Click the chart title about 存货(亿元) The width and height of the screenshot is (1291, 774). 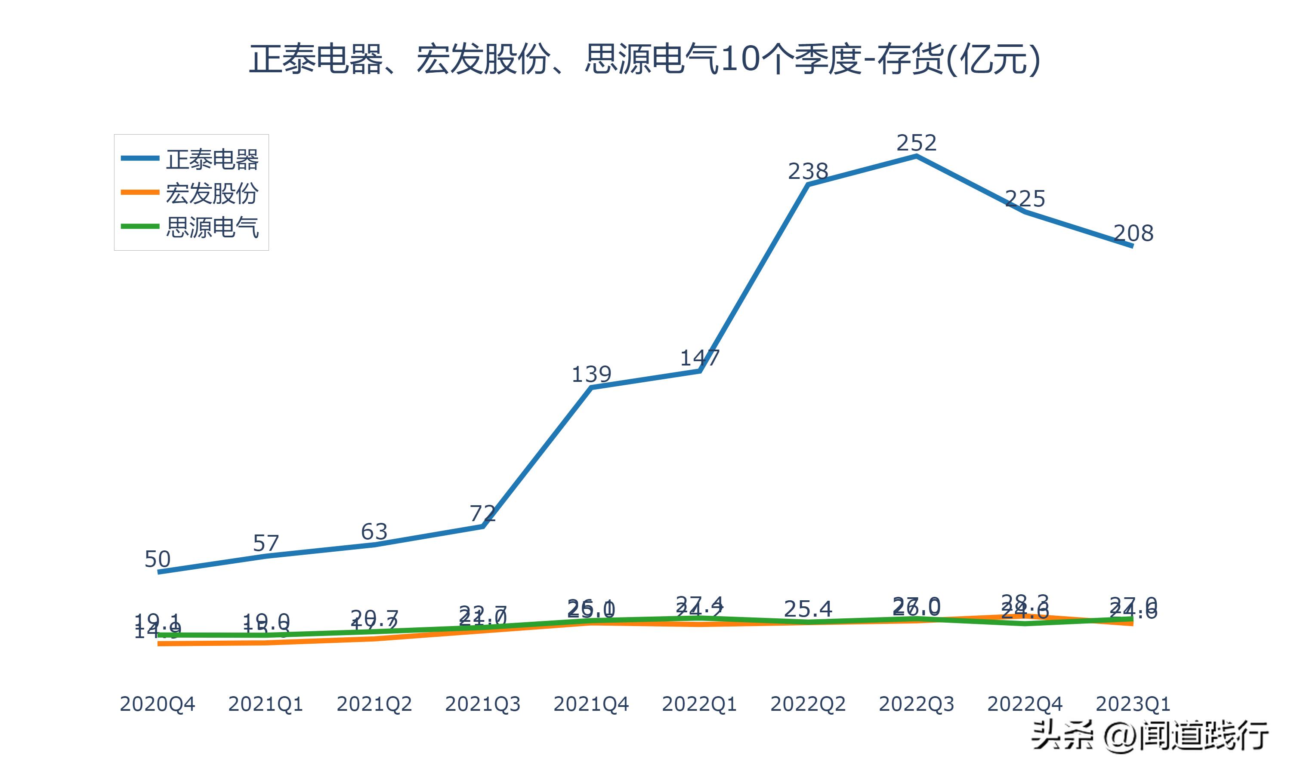click(x=645, y=59)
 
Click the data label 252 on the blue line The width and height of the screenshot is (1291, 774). click(x=916, y=143)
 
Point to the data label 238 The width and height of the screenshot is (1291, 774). click(x=808, y=171)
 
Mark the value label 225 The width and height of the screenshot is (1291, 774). click(x=1025, y=199)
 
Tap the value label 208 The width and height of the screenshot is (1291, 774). click(x=1133, y=233)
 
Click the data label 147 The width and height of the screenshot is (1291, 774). click(x=699, y=358)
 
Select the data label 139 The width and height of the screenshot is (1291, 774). click(x=591, y=375)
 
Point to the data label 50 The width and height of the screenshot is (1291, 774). click(x=157, y=559)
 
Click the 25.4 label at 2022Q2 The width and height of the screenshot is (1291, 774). click(x=808, y=608)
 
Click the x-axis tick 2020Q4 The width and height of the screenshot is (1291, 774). click(x=157, y=704)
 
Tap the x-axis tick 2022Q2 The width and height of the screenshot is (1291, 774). click(x=808, y=704)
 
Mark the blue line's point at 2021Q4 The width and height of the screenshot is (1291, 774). click(x=591, y=387)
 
